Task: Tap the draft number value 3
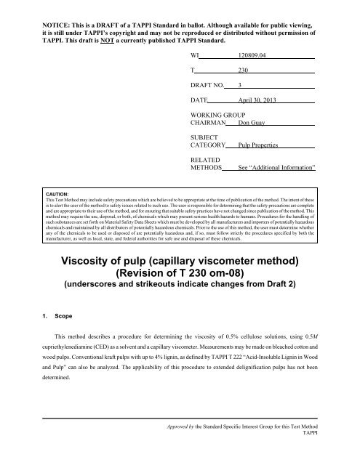click(240, 89)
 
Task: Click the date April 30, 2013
click(259, 105)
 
